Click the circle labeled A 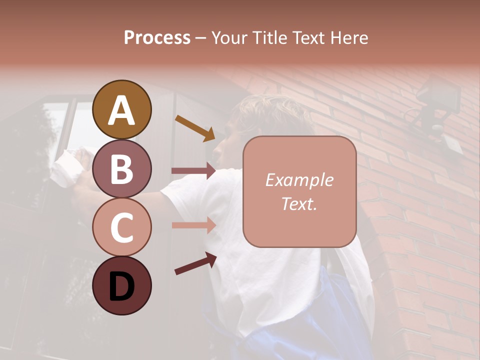(122, 109)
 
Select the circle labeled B (122, 168)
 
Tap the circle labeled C (122, 227)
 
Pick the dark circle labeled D (122, 285)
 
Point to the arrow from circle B (193, 171)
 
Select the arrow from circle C (193, 225)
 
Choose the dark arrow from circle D (195, 263)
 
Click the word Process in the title (157, 37)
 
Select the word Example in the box (299, 180)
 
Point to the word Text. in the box (299, 203)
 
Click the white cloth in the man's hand (67, 165)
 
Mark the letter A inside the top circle (122, 110)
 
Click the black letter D (122, 286)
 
